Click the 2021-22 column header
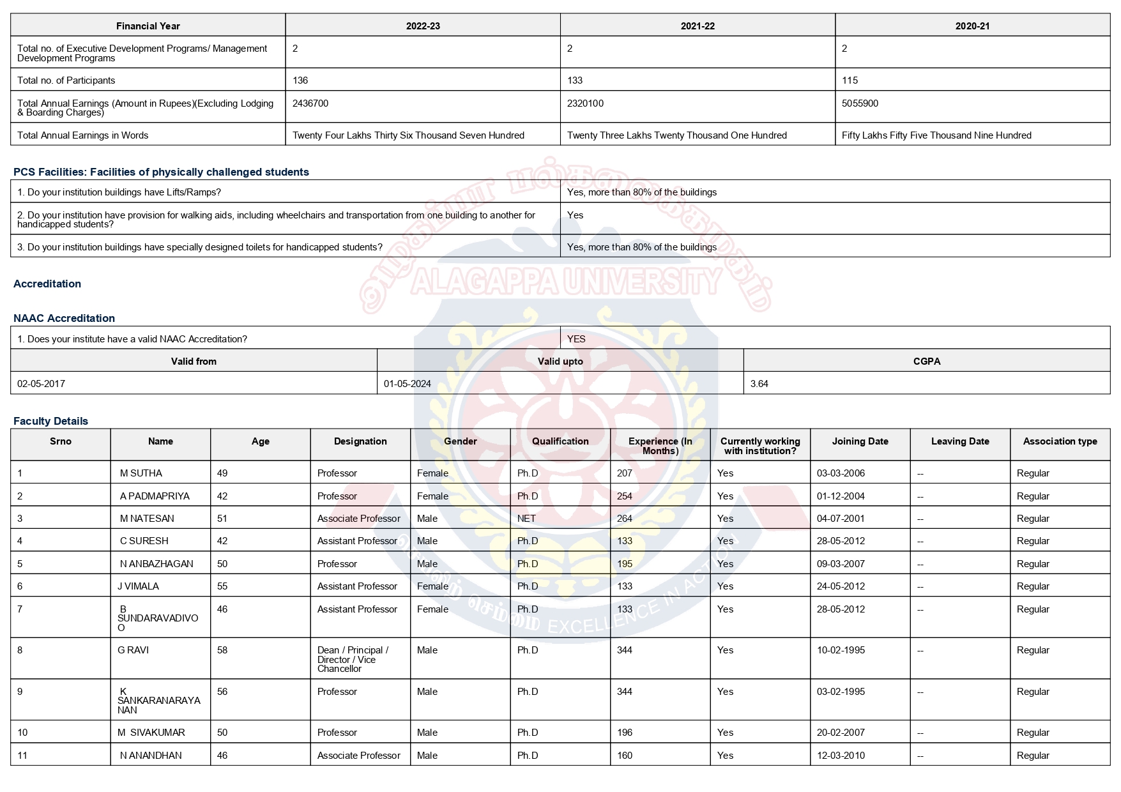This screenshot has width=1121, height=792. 698,26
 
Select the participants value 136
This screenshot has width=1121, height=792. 300,80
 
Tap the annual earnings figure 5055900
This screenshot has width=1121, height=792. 860,103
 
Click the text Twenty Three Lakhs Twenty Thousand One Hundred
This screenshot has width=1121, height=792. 676,135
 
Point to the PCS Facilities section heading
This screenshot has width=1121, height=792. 161,172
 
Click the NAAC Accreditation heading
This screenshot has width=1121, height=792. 64,318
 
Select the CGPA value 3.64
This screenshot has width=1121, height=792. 759,384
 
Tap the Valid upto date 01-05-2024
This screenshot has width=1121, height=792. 407,384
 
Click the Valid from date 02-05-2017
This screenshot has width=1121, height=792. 41,384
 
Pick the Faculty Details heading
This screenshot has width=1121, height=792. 50,421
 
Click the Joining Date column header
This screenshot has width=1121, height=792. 860,441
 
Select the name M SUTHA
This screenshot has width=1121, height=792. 141,473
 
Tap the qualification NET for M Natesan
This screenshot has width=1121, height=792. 526,519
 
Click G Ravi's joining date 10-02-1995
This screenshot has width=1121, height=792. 841,650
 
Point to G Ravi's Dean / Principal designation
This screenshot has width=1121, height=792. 353,659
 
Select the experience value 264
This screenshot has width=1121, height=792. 624,519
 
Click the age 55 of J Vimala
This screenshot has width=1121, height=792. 222,586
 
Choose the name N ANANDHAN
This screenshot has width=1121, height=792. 151,756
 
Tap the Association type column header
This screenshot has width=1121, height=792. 1060,441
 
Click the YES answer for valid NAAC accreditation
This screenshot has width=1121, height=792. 576,339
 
